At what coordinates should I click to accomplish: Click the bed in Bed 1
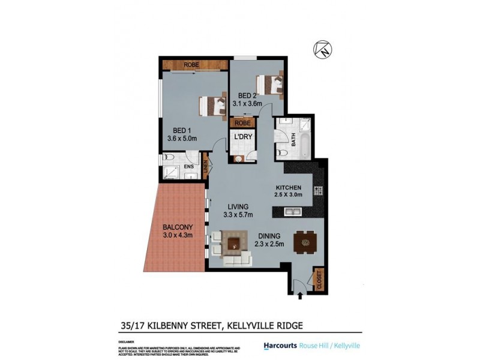click(211, 106)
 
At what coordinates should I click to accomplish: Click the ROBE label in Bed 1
click(191, 64)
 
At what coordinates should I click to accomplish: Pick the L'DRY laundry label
click(242, 137)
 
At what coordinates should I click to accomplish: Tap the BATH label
click(294, 141)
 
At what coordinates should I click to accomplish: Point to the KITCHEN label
click(288, 187)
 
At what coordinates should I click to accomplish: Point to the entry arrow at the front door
click(300, 295)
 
